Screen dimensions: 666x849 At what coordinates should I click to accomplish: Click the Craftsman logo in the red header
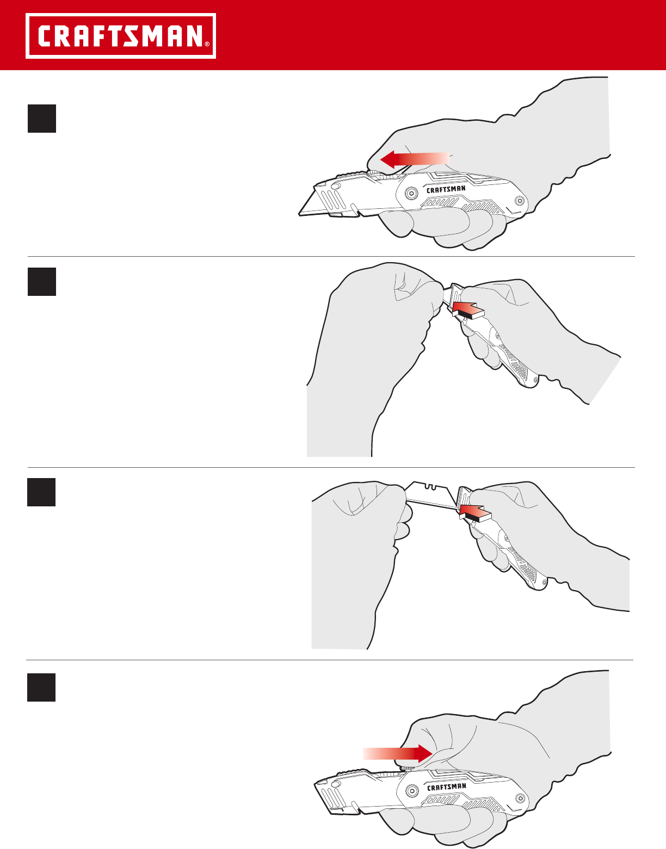pyautogui.click(x=121, y=36)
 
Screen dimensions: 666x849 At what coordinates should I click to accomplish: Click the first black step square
pyautogui.click(x=42, y=119)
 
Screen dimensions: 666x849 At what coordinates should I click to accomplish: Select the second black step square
pyautogui.click(x=42, y=282)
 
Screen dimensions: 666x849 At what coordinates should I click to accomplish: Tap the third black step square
pyautogui.click(x=41, y=492)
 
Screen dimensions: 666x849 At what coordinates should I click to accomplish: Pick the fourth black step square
pyautogui.click(x=41, y=687)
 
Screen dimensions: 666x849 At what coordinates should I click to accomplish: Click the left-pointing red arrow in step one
pyautogui.click(x=414, y=159)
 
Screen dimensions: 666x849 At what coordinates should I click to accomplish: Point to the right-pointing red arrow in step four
pyautogui.click(x=398, y=753)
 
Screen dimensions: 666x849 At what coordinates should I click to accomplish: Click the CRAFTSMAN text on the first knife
pyautogui.click(x=446, y=189)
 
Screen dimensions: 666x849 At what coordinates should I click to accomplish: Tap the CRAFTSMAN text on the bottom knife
pyautogui.click(x=446, y=786)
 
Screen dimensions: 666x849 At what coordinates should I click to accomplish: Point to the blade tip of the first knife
pyautogui.click(x=299, y=214)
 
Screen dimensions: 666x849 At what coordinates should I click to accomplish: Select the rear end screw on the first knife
pyautogui.click(x=520, y=201)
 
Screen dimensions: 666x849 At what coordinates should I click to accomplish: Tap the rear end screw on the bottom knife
pyautogui.click(x=520, y=798)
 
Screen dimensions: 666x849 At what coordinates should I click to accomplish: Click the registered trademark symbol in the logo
pyautogui.click(x=207, y=44)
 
